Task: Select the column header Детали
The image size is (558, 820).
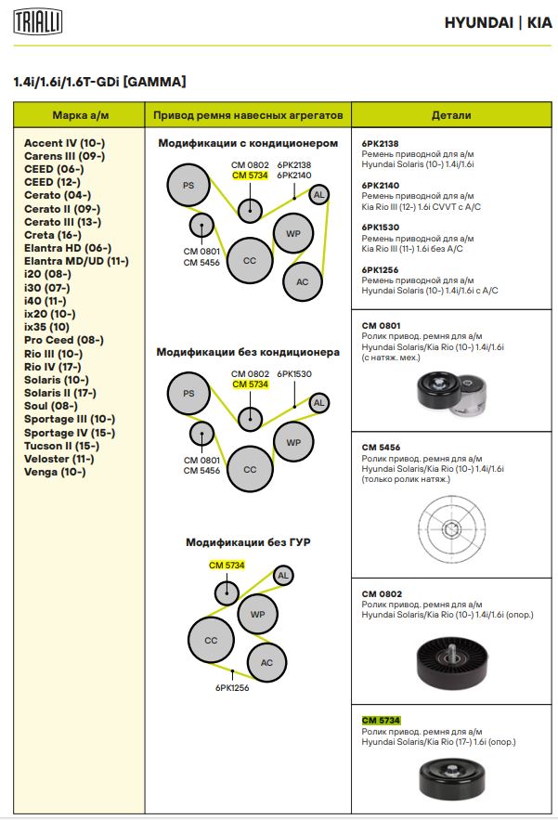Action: (x=451, y=115)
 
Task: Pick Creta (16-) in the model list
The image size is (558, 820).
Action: (x=53, y=235)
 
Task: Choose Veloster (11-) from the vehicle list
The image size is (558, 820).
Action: (x=58, y=458)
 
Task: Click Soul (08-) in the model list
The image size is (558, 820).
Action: (x=50, y=406)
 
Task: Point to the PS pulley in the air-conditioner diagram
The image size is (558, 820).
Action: (x=188, y=186)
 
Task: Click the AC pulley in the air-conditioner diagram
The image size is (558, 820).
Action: (x=302, y=280)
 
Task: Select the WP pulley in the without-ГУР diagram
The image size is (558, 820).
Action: (x=258, y=614)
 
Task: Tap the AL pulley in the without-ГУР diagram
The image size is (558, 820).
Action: (x=282, y=576)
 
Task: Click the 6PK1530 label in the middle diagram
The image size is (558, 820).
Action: (x=293, y=373)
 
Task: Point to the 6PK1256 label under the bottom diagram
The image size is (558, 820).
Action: (x=232, y=688)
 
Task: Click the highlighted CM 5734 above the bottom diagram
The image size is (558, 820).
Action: (x=226, y=565)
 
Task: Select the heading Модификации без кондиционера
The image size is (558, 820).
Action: (x=248, y=352)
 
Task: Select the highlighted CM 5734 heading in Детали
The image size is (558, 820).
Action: (x=380, y=721)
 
